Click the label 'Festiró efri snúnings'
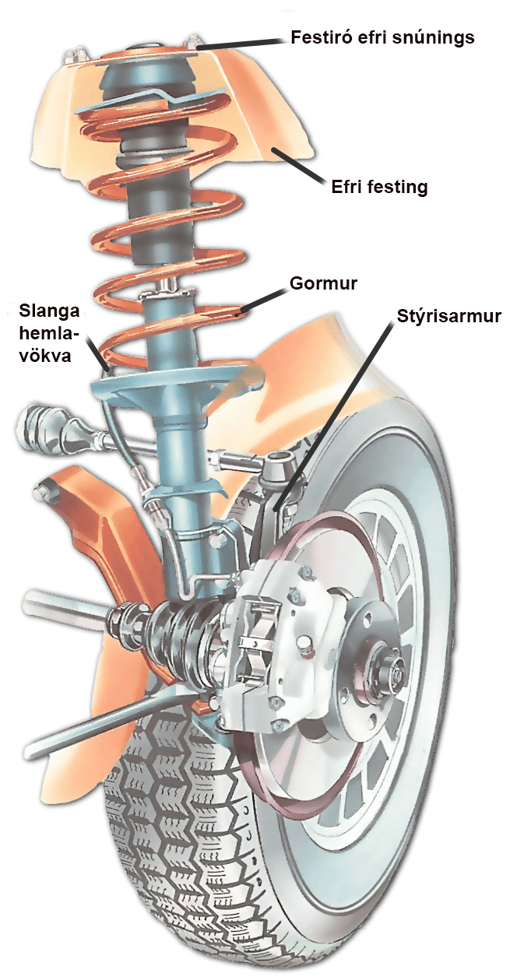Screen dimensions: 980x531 [x=382, y=37]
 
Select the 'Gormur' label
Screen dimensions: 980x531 [x=322, y=283]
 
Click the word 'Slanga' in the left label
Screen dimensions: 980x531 [x=49, y=311]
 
